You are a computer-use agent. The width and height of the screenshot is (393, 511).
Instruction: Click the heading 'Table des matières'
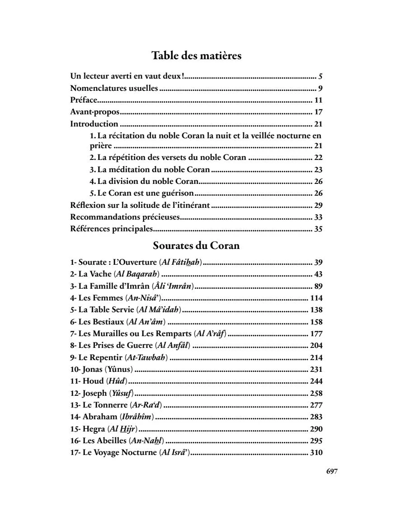(x=196, y=56)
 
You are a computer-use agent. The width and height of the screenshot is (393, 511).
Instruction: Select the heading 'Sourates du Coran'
(x=196, y=246)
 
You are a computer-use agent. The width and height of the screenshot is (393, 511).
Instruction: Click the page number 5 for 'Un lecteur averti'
(x=320, y=76)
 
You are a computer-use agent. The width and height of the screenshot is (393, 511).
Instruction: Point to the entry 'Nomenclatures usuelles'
(x=114, y=88)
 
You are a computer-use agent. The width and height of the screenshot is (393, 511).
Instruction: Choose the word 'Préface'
(x=84, y=100)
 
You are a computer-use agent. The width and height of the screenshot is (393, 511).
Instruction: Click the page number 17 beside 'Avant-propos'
(x=318, y=112)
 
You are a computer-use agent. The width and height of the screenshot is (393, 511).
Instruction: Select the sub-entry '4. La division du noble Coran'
(x=144, y=182)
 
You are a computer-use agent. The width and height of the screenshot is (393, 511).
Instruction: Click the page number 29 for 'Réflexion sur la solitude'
(x=318, y=205)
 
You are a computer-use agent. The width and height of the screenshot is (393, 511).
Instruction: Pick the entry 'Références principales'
(x=112, y=229)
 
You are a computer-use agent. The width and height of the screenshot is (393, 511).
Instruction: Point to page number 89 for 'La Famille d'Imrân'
(x=318, y=286)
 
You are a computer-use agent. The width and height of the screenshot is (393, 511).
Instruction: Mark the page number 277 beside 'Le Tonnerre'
(x=316, y=405)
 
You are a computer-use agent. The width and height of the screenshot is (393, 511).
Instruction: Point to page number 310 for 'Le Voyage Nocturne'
(x=316, y=452)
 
